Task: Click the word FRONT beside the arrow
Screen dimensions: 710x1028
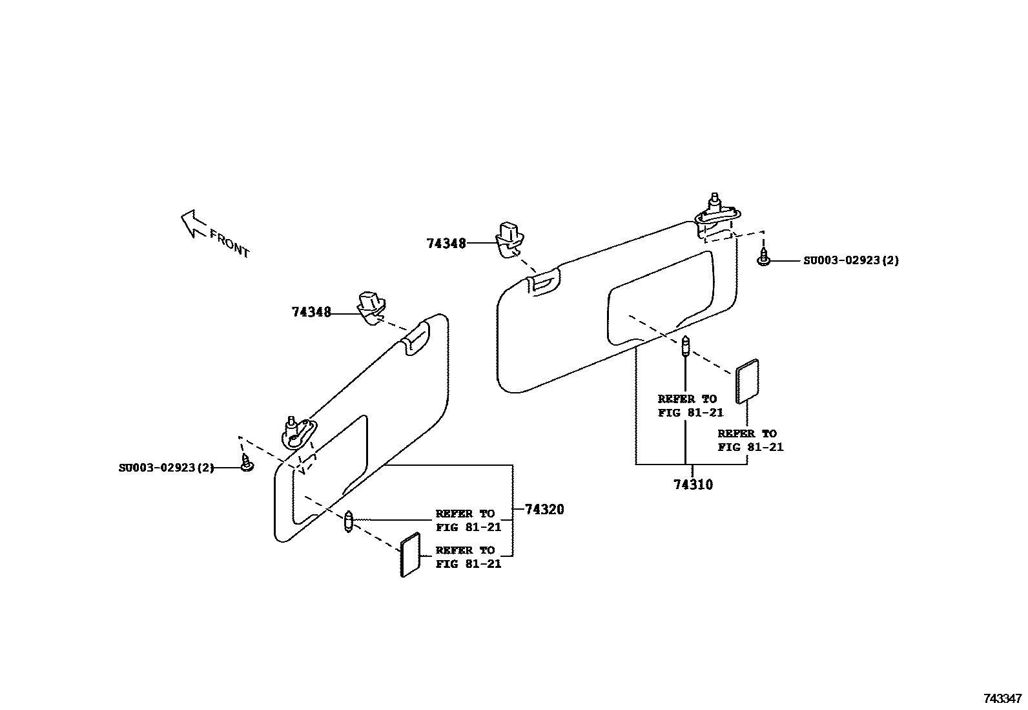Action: coord(229,244)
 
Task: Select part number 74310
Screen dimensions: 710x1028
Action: coord(693,485)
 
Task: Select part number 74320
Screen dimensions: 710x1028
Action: coord(544,510)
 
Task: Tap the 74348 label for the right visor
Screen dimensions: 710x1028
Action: coord(446,244)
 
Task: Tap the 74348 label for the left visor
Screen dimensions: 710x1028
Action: coord(311,313)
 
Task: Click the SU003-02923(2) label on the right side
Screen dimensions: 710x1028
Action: coord(850,260)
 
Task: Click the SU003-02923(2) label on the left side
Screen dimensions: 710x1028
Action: coord(166,468)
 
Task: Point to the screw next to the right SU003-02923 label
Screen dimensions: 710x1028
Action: coord(764,258)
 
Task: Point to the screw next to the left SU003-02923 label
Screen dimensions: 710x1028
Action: coord(246,463)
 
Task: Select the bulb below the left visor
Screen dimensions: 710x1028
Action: coord(349,521)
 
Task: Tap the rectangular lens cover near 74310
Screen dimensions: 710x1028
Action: coord(747,381)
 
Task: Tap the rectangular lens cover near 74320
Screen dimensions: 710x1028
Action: coord(411,555)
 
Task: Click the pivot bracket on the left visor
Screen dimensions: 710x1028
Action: coord(298,433)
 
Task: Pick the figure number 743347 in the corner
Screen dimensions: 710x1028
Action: coord(1002,698)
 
